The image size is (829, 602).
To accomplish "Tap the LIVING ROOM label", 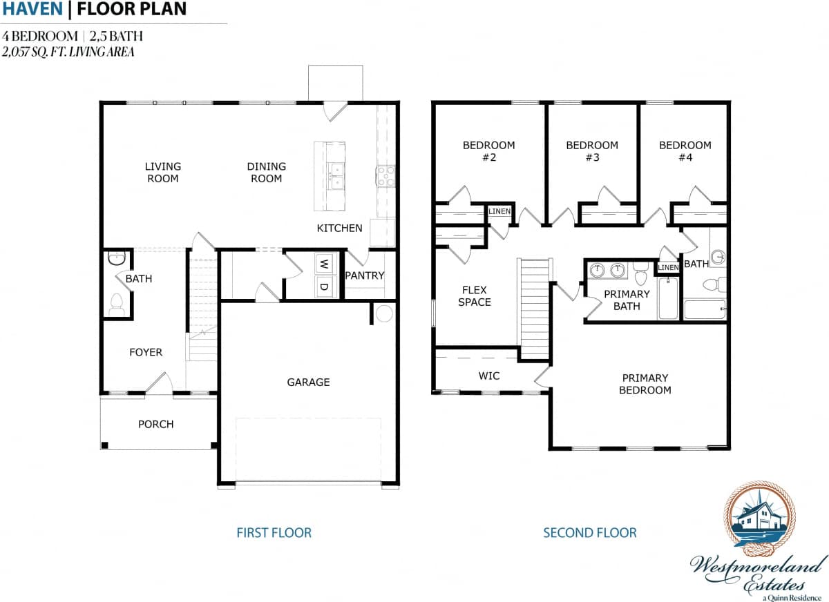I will click(162, 172).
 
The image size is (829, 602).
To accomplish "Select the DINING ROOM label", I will click(266, 172).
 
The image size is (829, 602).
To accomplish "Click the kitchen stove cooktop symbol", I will click(385, 176).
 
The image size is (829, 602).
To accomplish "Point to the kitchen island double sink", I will click(336, 176).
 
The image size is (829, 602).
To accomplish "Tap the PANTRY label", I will click(364, 275).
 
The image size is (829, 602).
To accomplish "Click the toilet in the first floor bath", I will click(115, 304).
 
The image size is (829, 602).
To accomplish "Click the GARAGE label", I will click(308, 382).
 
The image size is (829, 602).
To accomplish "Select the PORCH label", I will click(155, 424).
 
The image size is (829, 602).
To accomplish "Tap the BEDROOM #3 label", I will click(592, 151).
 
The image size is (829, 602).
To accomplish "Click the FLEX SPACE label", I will click(475, 296).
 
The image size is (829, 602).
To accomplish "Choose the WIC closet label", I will click(489, 376).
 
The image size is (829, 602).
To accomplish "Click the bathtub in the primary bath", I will click(667, 298).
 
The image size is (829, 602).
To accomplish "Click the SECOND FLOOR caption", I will click(590, 532).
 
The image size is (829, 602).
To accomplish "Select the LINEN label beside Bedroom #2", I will click(499, 211).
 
